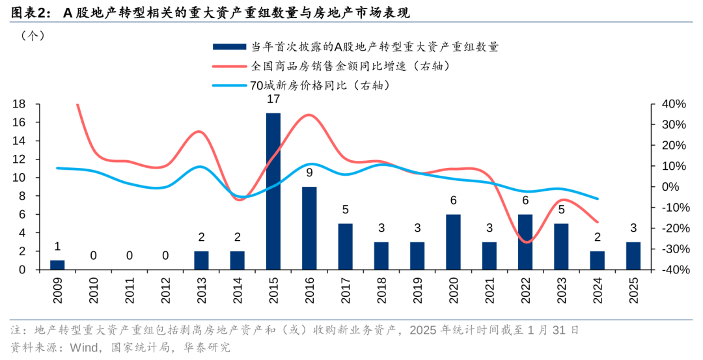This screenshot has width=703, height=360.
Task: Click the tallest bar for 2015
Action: tap(273, 191)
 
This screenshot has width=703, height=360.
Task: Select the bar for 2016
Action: tap(309, 228)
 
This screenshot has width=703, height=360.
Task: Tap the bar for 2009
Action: tap(57, 264)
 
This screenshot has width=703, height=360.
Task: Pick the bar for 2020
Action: tap(453, 242)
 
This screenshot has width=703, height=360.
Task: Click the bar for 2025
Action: tap(633, 255)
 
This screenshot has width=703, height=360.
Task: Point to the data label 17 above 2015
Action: tap(273, 100)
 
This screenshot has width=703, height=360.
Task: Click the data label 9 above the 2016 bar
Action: tap(309, 173)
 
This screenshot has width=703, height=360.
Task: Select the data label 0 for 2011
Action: tap(130, 256)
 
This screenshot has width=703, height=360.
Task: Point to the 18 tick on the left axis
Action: tap(19, 104)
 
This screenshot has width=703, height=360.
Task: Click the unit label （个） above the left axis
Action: tap(33, 36)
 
